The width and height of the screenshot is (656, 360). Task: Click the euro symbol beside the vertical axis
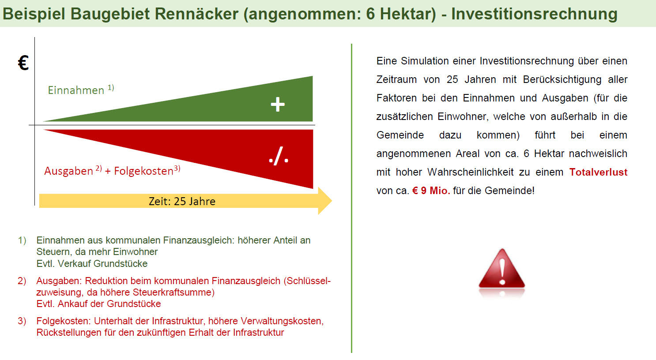pos(23,63)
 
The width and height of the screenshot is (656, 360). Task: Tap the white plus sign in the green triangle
pos(278,105)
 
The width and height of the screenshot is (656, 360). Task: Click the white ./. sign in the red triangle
pos(279,156)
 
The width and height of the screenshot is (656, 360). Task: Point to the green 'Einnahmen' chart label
pos(76,90)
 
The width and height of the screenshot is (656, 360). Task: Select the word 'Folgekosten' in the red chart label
pos(143,171)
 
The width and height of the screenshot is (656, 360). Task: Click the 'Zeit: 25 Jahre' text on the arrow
pos(182,201)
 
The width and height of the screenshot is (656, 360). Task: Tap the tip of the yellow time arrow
pos(332,201)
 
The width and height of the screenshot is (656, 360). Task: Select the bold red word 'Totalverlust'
pos(598,172)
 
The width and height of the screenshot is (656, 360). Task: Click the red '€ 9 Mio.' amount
pos(431,191)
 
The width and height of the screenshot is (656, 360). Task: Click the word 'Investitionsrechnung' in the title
pos(535,14)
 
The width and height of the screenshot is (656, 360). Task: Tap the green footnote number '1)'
pos(22,240)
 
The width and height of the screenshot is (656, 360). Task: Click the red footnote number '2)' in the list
pos(22,281)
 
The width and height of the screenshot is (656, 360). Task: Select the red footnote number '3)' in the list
pos(22,321)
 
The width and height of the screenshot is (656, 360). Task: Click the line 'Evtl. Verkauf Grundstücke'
pos(92,264)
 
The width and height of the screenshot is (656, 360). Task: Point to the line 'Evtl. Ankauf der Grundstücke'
pos(99,304)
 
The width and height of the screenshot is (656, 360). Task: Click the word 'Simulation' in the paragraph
pos(425,61)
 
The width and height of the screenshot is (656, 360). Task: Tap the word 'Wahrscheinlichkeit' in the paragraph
pos(471,172)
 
